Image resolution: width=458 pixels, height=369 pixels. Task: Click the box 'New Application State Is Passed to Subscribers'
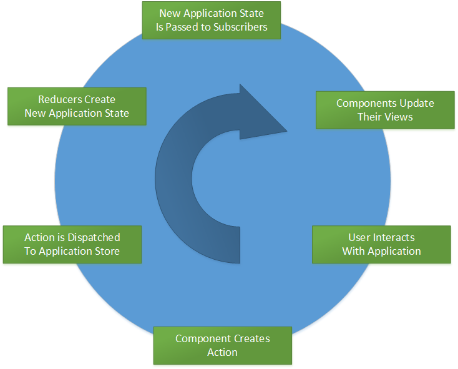click(x=212, y=20)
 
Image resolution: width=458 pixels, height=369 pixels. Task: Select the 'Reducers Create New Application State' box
click(x=77, y=106)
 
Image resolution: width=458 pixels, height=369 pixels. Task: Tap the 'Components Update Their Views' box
click(x=385, y=110)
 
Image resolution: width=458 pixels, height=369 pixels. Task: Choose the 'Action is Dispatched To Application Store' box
click(x=72, y=244)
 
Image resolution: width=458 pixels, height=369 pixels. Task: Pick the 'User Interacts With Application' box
click(x=381, y=244)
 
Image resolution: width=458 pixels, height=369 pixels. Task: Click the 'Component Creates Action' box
click(x=223, y=345)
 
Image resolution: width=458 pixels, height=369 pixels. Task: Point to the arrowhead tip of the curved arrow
click(x=286, y=131)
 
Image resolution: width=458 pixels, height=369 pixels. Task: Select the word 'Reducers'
click(x=59, y=99)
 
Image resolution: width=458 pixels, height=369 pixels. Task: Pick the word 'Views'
click(x=399, y=117)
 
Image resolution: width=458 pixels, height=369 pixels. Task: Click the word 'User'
click(x=359, y=237)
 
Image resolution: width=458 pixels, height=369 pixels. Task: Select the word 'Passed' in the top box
click(x=182, y=27)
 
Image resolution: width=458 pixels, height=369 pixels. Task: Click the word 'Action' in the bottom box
click(x=223, y=352)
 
